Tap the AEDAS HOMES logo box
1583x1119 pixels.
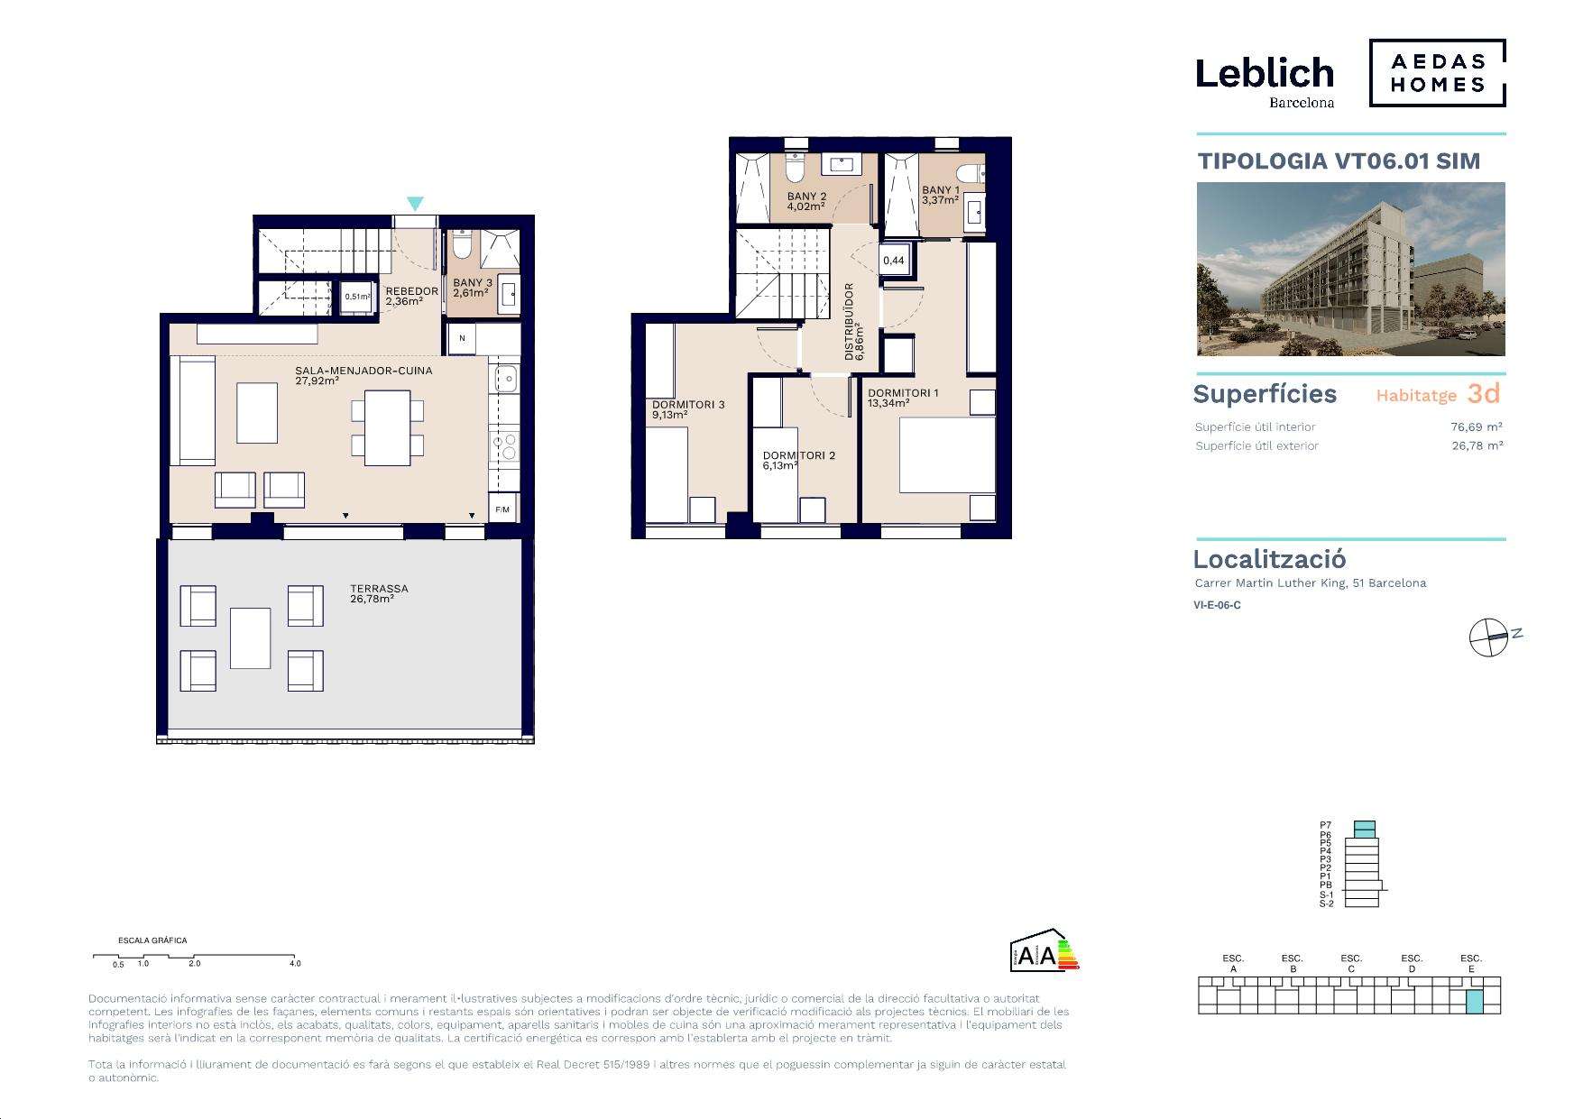1438,73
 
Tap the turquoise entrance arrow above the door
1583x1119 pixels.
414,204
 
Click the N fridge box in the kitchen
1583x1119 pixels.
462,338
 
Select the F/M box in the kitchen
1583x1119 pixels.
502,509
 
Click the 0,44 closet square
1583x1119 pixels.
894,261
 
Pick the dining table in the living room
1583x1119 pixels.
387,427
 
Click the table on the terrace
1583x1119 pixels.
251,637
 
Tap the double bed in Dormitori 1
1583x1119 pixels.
947,454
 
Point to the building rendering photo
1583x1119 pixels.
1350,269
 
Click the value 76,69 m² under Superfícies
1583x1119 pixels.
1477,427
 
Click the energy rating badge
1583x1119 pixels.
1045,949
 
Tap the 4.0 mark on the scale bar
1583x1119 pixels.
295,963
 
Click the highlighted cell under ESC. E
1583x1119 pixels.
1474,1001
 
